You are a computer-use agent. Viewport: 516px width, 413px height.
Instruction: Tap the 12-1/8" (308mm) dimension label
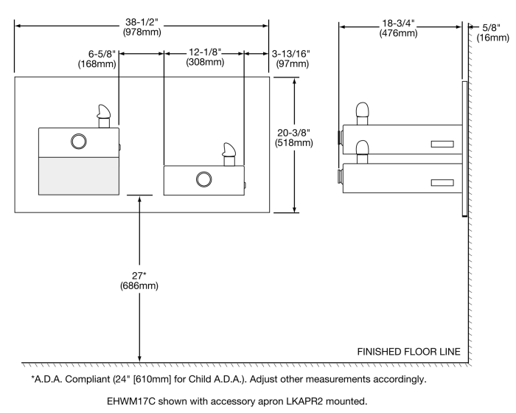[x=204, y=58]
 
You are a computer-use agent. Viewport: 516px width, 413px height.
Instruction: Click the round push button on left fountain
[x=78, y=141]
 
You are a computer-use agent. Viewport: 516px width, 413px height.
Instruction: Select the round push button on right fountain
[x=203, y=178]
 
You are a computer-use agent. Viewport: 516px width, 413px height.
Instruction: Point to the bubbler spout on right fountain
[x=229, y=154]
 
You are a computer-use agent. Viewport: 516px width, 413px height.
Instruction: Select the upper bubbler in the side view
[x=362, y=112]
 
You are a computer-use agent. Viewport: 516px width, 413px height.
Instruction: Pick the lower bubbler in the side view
[x=362, y=150]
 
